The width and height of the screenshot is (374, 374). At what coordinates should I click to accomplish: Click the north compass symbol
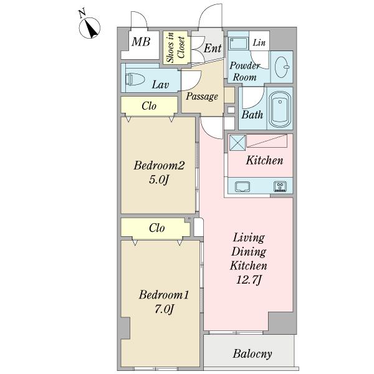(x=89, y=28)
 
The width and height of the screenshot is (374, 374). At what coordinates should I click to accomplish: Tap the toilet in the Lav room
(x=135, y=79)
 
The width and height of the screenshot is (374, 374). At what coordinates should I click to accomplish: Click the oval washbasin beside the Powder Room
(x=282, y=67)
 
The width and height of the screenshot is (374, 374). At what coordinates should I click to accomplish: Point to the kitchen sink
(x=242, y=186)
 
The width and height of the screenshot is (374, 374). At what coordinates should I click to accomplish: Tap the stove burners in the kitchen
(x=280, y=186)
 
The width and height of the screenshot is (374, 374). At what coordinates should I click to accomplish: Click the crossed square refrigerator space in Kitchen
(x=237, y=143)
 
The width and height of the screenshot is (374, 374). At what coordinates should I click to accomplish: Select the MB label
(x=141, y=42)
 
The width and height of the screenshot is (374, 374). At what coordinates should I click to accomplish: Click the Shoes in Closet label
(x=176, y=47)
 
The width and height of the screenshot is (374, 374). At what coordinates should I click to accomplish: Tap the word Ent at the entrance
(x=213, y=48)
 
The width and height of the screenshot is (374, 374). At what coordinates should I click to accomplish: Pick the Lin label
(x=259, y=42)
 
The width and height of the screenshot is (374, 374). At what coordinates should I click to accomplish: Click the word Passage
(x=202, y=97)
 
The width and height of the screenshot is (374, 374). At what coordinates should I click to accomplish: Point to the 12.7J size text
(x=249, y=280)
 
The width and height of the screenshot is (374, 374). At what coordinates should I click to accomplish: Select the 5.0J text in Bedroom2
(x=159, y=180)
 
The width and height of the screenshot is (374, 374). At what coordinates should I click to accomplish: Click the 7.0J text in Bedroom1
(x=164, y=309)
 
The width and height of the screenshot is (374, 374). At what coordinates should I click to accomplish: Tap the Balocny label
(x=252, y=353)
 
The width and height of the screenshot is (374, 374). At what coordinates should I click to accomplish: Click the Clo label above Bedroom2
(x=149, y=106)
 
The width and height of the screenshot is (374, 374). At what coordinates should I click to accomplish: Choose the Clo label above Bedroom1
(x=156, y=228)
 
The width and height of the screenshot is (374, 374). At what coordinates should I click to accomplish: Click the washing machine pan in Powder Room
(x=238, y=43)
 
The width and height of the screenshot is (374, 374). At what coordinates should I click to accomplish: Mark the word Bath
(x=252, y=115)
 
